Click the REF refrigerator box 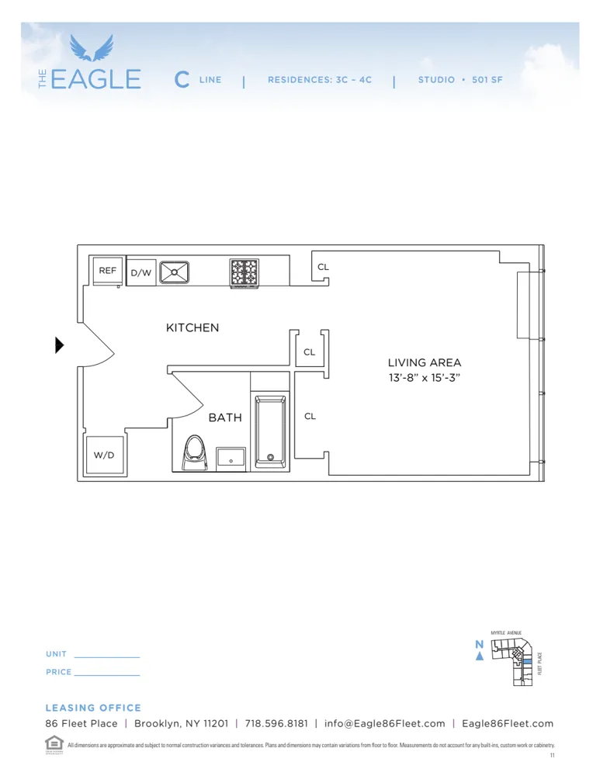coord(107,271)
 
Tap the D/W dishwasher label coord(140,273)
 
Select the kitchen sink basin coord(175,272)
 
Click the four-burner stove coord(244,272)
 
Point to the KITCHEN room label coord(192,327)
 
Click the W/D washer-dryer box coord(104,455)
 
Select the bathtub coord(270,431)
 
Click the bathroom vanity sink coord(231,458)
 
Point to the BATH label coord(225,417)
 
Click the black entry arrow coord(60,345)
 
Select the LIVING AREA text coord(425,362)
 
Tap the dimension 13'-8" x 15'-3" coord(425,378)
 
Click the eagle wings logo coord(92,48)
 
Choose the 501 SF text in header coord(487,80)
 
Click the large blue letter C coord(182,79)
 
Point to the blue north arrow coord(480,656)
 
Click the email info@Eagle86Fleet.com coord(385,723)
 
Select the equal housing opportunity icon coord(54,743)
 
